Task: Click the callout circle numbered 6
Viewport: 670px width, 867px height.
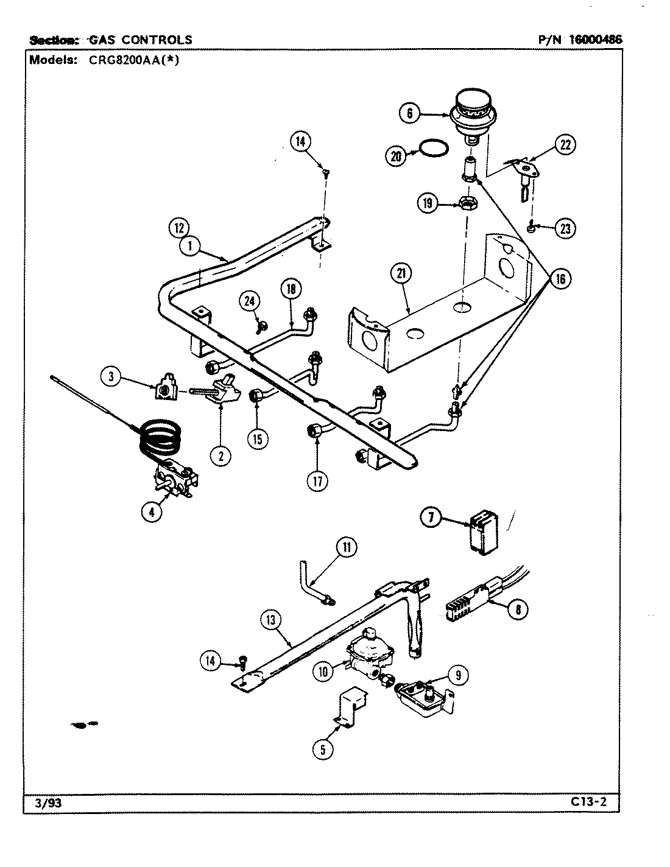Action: (x=409, y=113)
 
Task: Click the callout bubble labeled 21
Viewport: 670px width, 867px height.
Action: (x=400, y=275)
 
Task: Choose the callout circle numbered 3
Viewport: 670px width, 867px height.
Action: (x=111, y=377)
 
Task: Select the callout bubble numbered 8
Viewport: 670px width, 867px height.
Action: (x=517, y=609)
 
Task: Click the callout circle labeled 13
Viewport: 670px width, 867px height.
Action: (x=270, y=621)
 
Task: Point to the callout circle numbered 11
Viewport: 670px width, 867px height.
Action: (x=347, y=547)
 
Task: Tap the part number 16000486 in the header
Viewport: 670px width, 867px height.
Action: (x=596, y=40)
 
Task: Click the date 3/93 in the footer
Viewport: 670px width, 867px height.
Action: (x=45, y=803)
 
